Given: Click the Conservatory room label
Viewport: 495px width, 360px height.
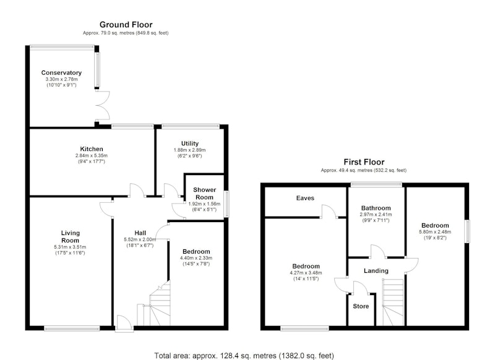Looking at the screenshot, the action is tap(61, 73).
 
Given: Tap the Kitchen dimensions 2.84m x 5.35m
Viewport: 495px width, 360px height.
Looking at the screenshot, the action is tap(92, 155).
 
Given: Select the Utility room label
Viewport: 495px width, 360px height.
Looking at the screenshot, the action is tap(190, 144).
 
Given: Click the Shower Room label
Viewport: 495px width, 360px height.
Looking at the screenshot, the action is tap(205, 194).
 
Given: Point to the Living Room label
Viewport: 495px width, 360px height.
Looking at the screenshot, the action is tap(70, 237).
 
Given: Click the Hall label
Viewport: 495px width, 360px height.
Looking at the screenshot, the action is tap(140, 233).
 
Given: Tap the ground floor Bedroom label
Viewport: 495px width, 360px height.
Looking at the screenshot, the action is tap(196, 252).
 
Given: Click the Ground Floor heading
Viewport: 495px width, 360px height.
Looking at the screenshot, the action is tap(126, 25).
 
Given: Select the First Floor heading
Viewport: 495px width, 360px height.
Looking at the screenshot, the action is tap(364, 162).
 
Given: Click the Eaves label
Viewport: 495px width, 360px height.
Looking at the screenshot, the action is tap(305, 198).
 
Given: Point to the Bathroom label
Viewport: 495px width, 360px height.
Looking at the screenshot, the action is tap(376, 208).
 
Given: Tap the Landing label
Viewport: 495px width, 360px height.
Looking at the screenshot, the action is tap(376, 271).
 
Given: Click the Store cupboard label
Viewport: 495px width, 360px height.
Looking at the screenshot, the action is tap(361, 306).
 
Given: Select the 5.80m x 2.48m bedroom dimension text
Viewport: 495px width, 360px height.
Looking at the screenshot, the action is tap(435, 231).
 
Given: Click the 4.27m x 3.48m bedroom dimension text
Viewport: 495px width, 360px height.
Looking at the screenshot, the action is tap(306, 273).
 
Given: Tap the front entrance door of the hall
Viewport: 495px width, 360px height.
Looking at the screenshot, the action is tap(124, 323).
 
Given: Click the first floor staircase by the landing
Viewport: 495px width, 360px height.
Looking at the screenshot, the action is tap(393, 302).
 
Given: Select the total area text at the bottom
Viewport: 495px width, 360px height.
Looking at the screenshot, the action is tap(244, 356).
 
